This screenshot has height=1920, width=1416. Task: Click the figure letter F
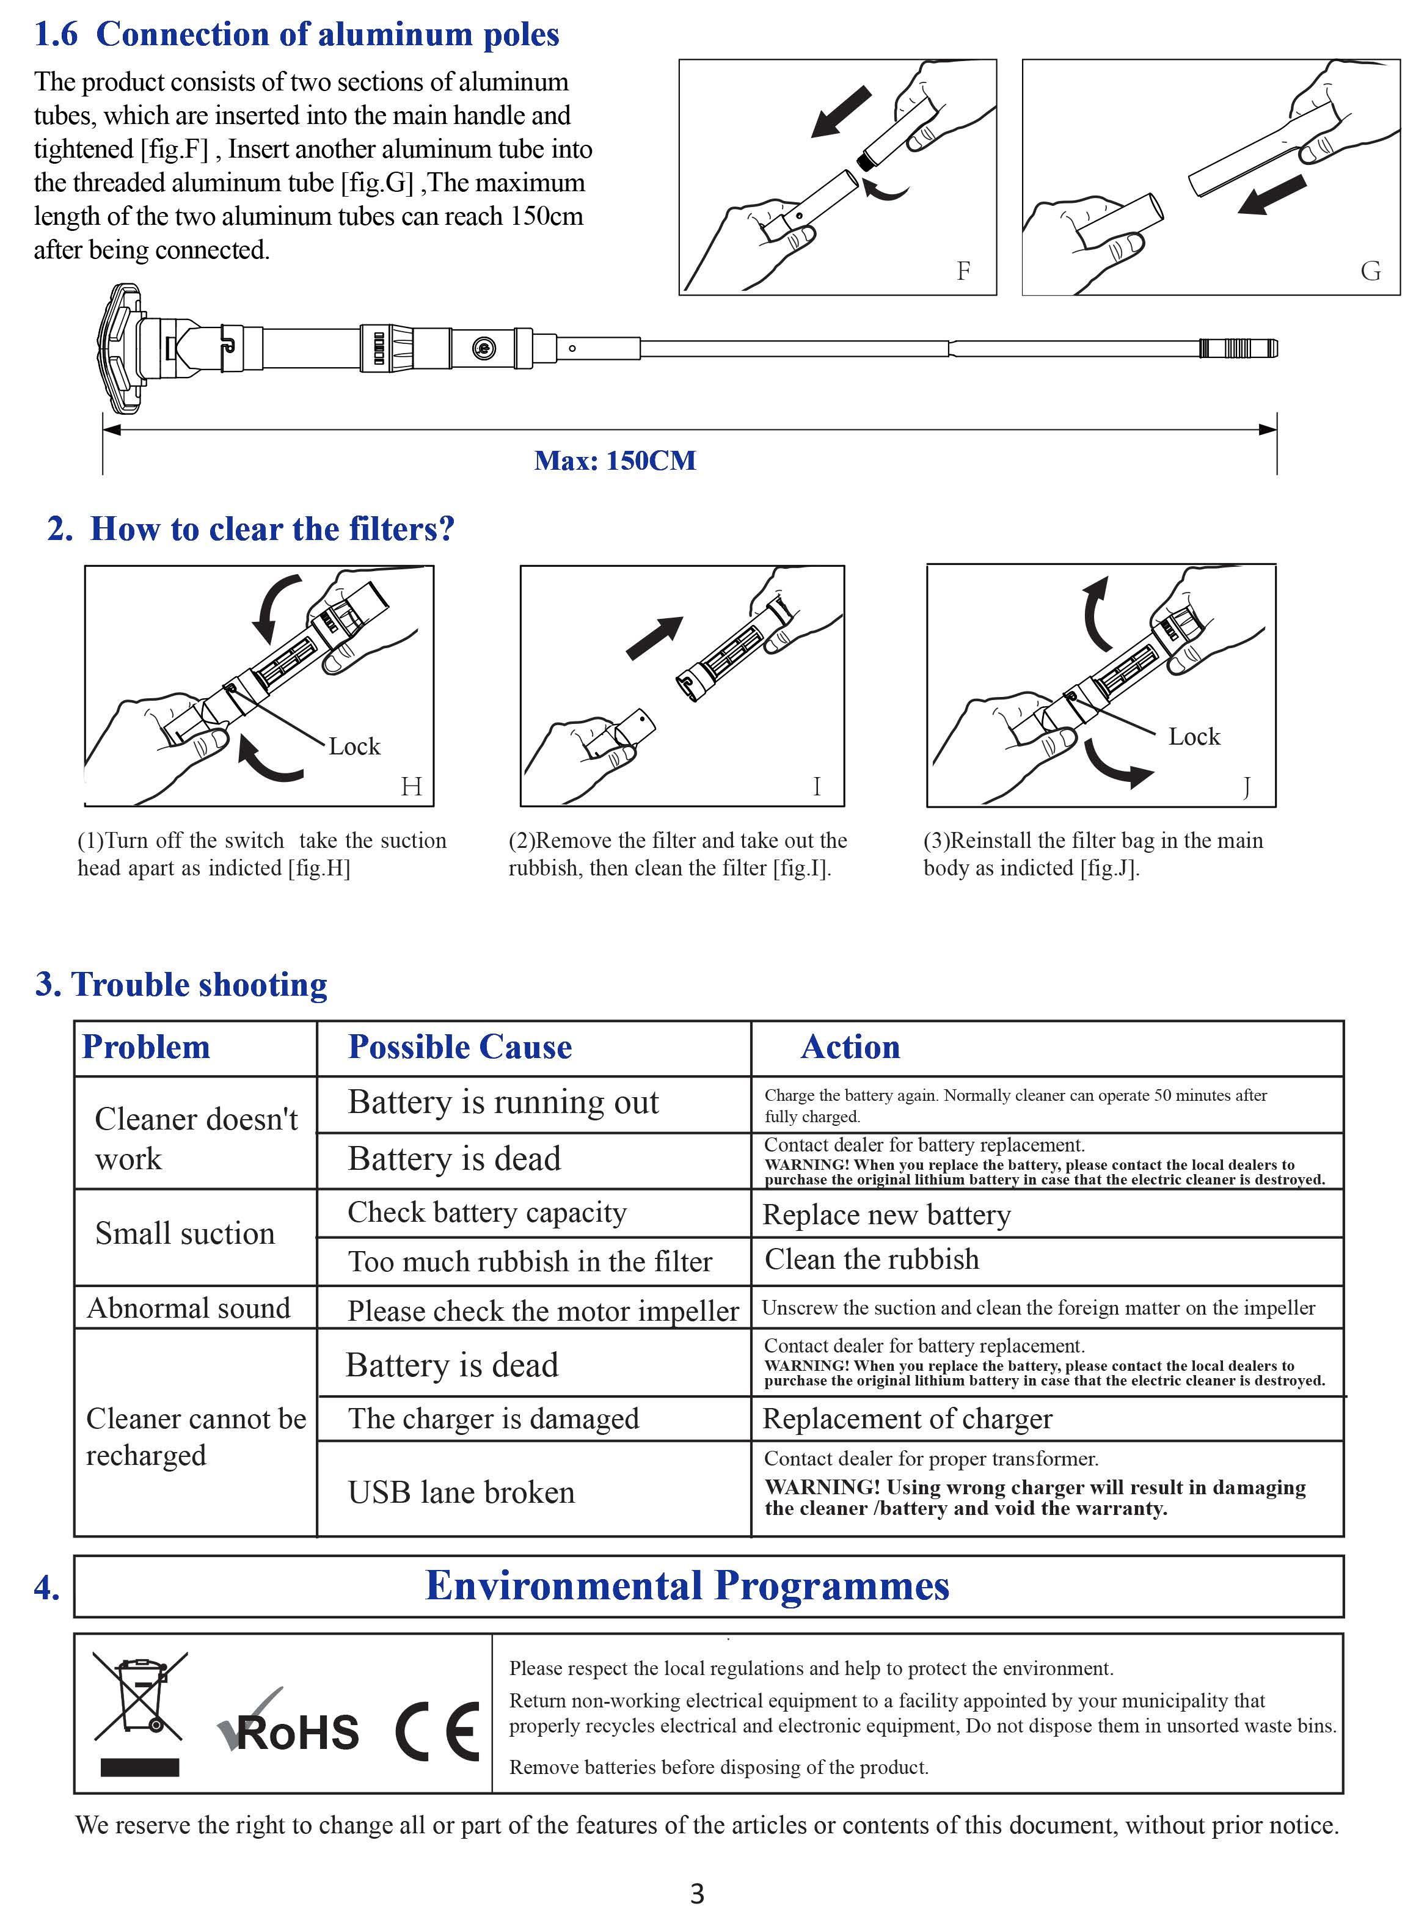coord(963,271)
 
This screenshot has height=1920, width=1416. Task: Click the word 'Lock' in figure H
coord(354,746)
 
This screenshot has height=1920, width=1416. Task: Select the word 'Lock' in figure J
coord(1194,736)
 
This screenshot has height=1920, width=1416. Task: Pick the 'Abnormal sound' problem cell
coord(189,1308)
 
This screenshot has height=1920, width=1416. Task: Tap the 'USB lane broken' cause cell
coord(461,1492)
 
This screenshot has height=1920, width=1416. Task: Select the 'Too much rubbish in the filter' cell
coord(530,1261)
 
